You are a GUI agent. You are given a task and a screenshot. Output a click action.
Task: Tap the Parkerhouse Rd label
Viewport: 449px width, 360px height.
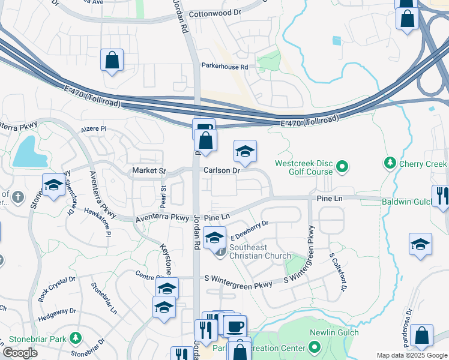224,67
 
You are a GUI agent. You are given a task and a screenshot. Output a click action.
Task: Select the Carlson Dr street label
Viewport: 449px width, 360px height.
221,170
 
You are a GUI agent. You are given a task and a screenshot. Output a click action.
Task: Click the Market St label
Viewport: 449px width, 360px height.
148,171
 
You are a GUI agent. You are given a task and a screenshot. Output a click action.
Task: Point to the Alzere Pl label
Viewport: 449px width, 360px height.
94,129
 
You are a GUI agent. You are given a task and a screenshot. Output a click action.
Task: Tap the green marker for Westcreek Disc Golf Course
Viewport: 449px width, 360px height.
342,167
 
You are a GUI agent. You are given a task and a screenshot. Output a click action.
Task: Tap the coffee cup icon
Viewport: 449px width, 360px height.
235,326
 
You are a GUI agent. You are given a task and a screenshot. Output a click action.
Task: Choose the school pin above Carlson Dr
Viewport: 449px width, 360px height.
245,152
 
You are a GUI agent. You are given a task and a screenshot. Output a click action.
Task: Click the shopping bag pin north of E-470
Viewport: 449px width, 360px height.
112,61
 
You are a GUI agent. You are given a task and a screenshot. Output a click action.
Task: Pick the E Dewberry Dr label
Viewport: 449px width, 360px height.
249,232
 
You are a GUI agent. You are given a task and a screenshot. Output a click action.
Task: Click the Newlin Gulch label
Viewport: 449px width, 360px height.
334,332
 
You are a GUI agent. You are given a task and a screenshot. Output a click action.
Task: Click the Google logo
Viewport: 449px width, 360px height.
20,353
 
